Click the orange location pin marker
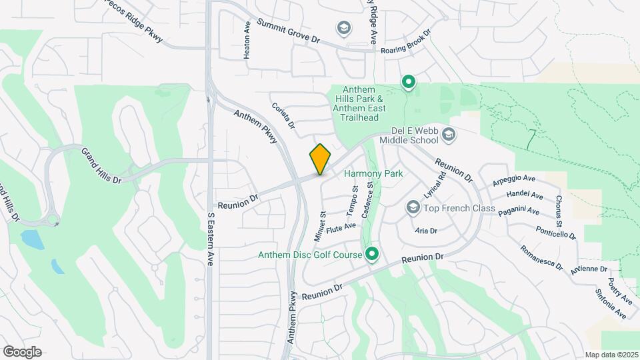[321, 159]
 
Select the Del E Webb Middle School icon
[449, 135]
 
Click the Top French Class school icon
[413, 209]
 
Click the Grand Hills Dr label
[102, 166]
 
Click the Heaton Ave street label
[247, 41]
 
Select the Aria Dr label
[425, 231]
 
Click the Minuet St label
[319, 226]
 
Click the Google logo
[22, 352]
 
